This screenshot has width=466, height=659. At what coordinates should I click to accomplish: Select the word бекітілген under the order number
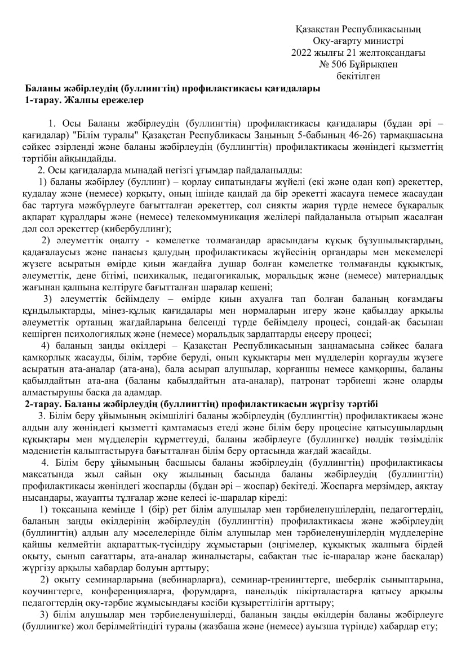click(358, 75)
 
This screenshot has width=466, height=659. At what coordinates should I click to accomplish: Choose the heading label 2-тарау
click(42, 404)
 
